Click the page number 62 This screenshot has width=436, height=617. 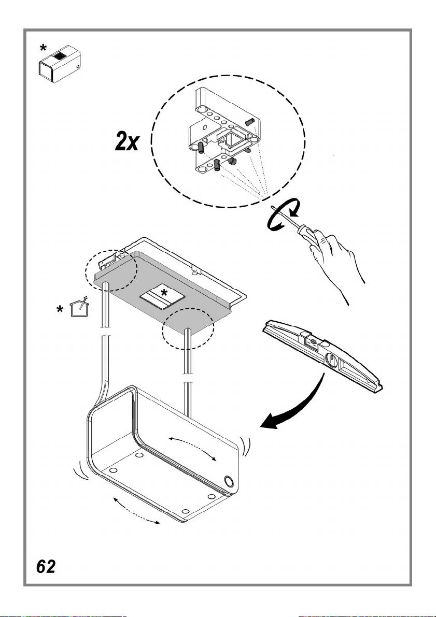pos(46,567)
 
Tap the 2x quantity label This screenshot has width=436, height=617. pos(127,141)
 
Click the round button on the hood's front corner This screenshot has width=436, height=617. pos(229,481)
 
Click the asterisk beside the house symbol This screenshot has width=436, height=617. pos(60,310)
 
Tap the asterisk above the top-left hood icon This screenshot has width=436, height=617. pos(44,48)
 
